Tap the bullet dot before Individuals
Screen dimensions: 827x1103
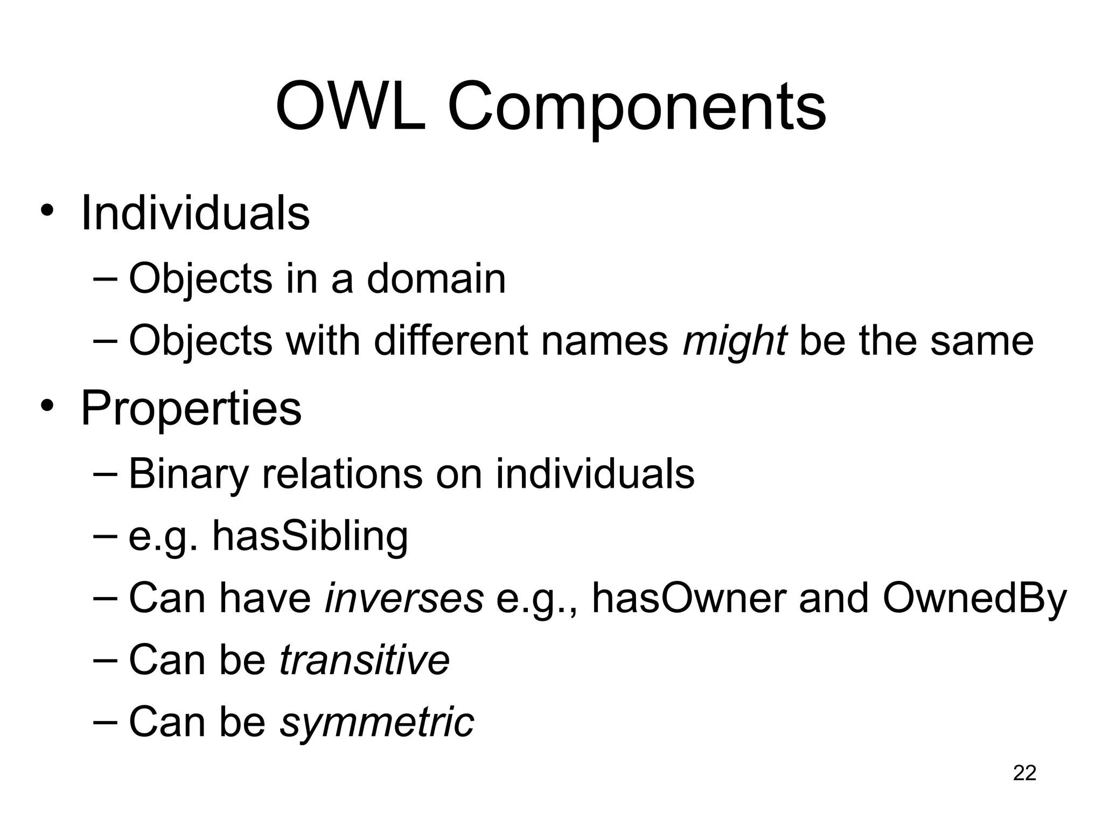(x=47, y=211)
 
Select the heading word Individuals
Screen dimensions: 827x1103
(x=195, y=213)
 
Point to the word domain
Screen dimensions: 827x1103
(x=436, y=278)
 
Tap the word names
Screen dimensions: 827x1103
(x=604, y=341)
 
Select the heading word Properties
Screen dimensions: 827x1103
(x=191, y=409)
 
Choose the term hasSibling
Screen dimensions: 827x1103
(x=310, y=536)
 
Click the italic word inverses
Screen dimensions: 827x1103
(x=404, y=598)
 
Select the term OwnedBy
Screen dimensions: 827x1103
(x=974, y=599)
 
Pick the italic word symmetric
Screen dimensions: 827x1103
(x=377, y=722)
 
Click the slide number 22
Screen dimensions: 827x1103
(x=1024, y=773)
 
